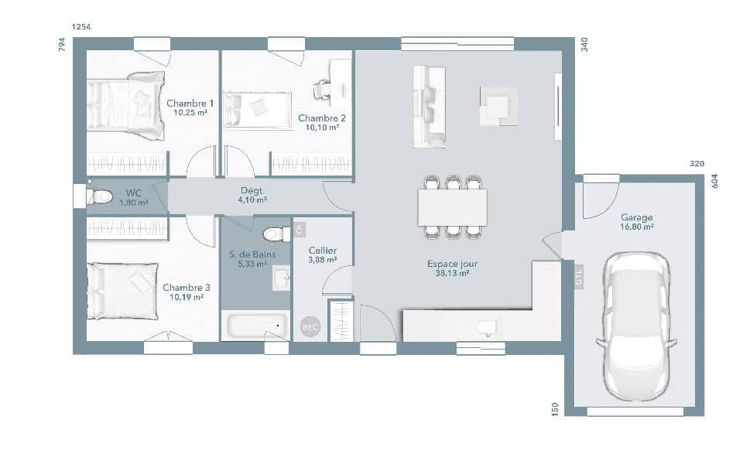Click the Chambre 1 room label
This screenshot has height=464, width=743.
tap(190, 103)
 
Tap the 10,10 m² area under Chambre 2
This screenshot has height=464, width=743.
tap(323, 128)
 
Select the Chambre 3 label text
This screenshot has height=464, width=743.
tap(187, 287)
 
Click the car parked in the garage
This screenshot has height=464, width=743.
tap(636, 326)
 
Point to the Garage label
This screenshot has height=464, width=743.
tap(636, 218)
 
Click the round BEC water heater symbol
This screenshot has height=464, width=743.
tap(310, 328)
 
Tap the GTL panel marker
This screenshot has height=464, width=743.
tap(579, 276)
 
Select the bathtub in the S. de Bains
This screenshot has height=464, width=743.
tap(256, 326)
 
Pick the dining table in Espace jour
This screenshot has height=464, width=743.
tap(453, 206)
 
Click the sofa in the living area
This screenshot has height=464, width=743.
tap(430, 106)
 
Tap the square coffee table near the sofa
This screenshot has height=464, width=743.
tap(498, 106)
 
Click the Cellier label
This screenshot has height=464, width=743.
tap(322, 250)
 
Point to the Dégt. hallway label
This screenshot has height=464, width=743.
tap(252, 190)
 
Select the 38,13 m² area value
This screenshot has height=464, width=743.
tap(453, 273)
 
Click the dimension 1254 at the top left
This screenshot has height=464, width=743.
tap(81, 27)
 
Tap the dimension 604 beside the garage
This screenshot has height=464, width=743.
tap(714, 181)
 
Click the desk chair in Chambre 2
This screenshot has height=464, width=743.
tap(322, 90)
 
